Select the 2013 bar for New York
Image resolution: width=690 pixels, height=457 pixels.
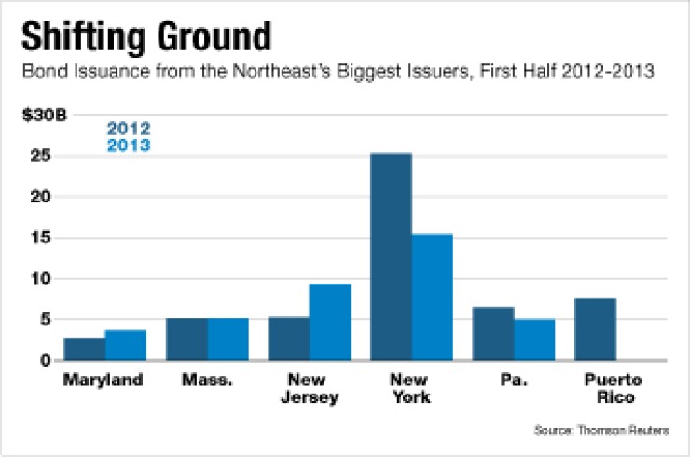433,297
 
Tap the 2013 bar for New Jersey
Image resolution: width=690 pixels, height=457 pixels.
330,322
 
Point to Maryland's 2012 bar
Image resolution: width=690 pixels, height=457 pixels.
84,349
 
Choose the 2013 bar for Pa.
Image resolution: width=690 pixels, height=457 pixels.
535,339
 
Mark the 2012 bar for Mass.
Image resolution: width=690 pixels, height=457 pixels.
186,339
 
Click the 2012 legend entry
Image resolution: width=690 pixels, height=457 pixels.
129,129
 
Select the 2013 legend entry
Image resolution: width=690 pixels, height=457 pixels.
129,145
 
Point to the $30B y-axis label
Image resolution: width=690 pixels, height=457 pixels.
40,117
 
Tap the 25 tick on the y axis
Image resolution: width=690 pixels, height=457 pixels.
39,157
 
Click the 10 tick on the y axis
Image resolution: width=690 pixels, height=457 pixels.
39,278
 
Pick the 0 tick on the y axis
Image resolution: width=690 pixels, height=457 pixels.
43,360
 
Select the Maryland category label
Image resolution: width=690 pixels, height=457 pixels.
103,381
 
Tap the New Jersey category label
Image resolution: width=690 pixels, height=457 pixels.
309,389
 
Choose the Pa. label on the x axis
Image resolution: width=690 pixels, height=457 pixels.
515,381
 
